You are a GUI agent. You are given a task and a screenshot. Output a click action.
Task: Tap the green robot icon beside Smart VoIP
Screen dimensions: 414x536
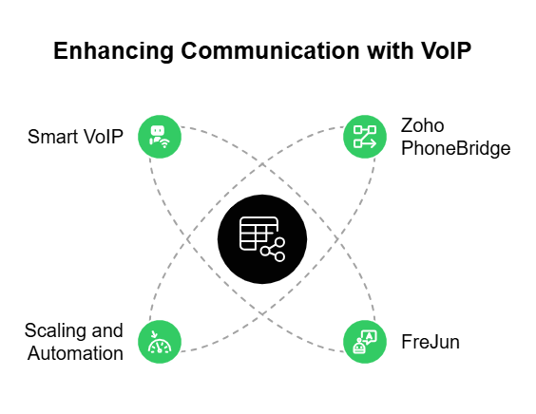[x=159, y=137]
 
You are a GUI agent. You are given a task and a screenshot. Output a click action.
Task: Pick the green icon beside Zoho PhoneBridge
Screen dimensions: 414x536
[x=364, y=137]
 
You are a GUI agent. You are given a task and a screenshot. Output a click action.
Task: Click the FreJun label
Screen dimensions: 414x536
[x=431, y=342]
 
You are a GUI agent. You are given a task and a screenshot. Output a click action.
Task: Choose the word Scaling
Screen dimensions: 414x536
[x=57, y=330]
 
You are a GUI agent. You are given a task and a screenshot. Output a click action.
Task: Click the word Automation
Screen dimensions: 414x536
[x=75, y=353]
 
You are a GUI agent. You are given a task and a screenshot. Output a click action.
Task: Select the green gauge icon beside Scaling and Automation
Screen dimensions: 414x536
[x=159, y=342]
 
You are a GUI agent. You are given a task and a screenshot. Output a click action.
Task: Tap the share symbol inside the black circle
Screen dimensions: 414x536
[x=274, y=250]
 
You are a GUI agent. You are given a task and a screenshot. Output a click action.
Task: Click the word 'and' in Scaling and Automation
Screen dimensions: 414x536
[x=107, y=330]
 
